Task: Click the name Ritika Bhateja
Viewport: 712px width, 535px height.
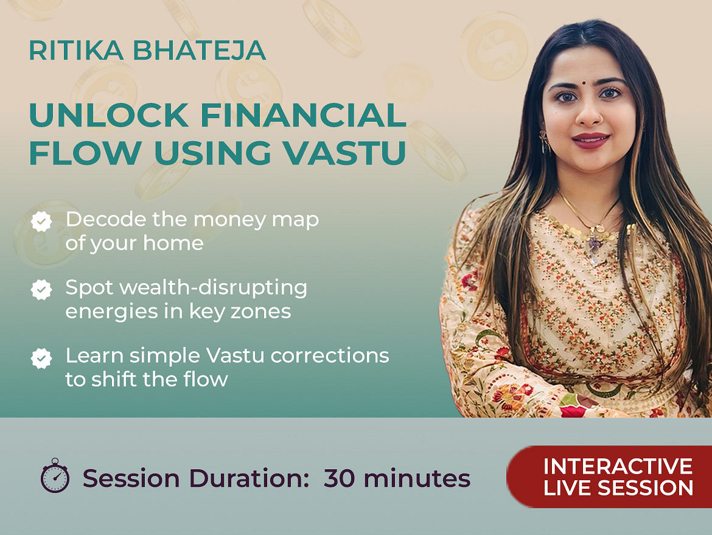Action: tap(147, 51)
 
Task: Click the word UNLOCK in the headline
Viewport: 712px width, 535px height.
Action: tap(109, 116)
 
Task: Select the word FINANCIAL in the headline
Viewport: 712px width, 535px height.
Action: tap(303, 116)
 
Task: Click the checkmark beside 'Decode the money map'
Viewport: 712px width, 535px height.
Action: tap(41, 222)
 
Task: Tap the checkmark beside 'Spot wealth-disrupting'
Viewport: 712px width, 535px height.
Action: tap(41, 290)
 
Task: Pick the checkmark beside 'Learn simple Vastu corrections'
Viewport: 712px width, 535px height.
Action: tap(41, 358)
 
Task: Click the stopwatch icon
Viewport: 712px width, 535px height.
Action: tap(55, 475)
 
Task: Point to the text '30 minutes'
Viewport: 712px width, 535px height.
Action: tap(397, 478)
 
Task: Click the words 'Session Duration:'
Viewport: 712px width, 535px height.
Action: tap(196, 478)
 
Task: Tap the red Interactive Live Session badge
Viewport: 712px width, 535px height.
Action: tap(609, 477)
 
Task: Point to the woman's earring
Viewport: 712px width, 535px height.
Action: tap(544, 141)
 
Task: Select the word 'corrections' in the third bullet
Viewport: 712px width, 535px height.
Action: tap(330, 355)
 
